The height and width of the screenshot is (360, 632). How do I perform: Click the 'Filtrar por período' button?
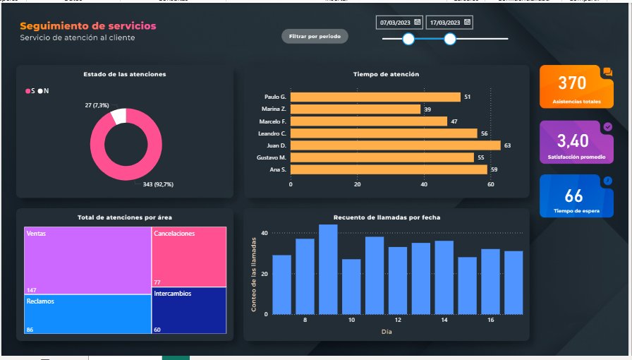click(315, 36)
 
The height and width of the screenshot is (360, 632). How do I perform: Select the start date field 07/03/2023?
click(396, 23)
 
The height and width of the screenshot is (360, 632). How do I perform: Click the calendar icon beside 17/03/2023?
click(467, 23)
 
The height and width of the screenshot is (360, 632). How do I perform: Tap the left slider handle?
click(408, 39)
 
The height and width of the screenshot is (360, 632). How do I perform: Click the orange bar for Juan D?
click(395, 145)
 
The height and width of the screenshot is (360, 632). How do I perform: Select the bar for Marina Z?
click(355, 109)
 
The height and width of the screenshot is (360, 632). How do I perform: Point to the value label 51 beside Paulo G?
click(467, 97)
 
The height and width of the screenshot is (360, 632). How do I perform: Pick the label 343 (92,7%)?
click(158, 184)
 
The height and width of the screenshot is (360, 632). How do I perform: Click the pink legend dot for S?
click(28, 91)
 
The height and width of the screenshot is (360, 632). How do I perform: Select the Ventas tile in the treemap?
click(87, 260)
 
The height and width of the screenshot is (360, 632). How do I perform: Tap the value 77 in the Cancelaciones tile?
click(157, 282)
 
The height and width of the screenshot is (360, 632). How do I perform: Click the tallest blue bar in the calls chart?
click(328, 269)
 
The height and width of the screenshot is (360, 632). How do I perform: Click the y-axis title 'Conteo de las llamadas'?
click(254, 275)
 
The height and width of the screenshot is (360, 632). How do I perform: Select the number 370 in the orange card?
click(572, 83)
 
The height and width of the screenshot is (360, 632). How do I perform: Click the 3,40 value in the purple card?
click(572, 140)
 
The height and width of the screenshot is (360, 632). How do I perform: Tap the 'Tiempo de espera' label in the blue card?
click(572, 211)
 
